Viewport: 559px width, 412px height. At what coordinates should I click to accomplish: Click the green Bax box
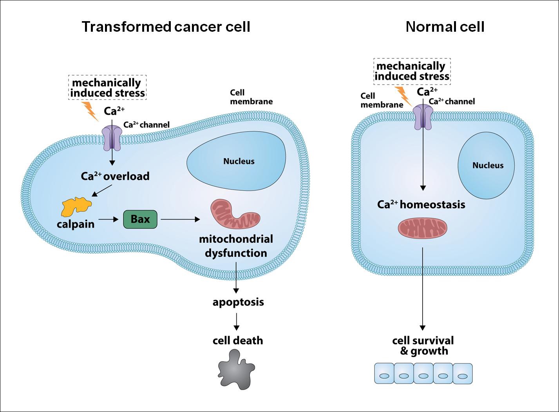(x=140, y=219)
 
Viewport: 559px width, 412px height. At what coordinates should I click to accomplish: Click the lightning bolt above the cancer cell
(x=90, y=111)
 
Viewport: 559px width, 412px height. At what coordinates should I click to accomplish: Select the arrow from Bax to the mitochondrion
(x=181, y=220)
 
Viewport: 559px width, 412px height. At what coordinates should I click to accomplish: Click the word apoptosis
(x=238, y=302)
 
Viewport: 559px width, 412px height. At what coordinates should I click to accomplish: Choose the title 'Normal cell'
(x=445, y=27)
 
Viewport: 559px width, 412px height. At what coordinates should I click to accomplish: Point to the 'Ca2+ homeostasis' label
(x=421, y=204)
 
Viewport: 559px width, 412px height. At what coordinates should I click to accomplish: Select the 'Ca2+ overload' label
(x=115, y=176)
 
